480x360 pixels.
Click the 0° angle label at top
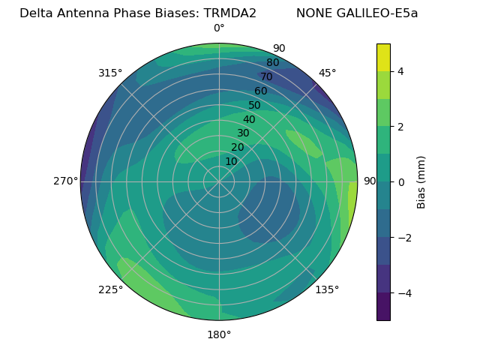(x=219, y=28)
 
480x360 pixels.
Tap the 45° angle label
(x=327, y=73)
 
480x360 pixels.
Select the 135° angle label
(x=327, y=289)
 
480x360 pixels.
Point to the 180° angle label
(x=219, y=334)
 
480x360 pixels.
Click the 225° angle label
(x=110, y=289)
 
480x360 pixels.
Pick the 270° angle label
(x=65, y=181)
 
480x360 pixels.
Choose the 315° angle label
(x=110, y=73)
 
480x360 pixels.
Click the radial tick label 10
(x=231, y=161)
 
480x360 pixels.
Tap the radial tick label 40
(x=249, y=120)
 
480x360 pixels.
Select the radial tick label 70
(x=267, y=76)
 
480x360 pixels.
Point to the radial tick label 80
(x=273, y=63)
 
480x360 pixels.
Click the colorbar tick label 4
(x=400, y=71)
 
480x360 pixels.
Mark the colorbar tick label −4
(x=403, y=292)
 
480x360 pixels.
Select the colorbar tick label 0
(x=400, y=182)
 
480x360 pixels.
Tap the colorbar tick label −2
(x=403, y=238)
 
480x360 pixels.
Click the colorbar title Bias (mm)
(x=421, y=181)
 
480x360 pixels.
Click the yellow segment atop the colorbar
(x=383, y=57)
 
